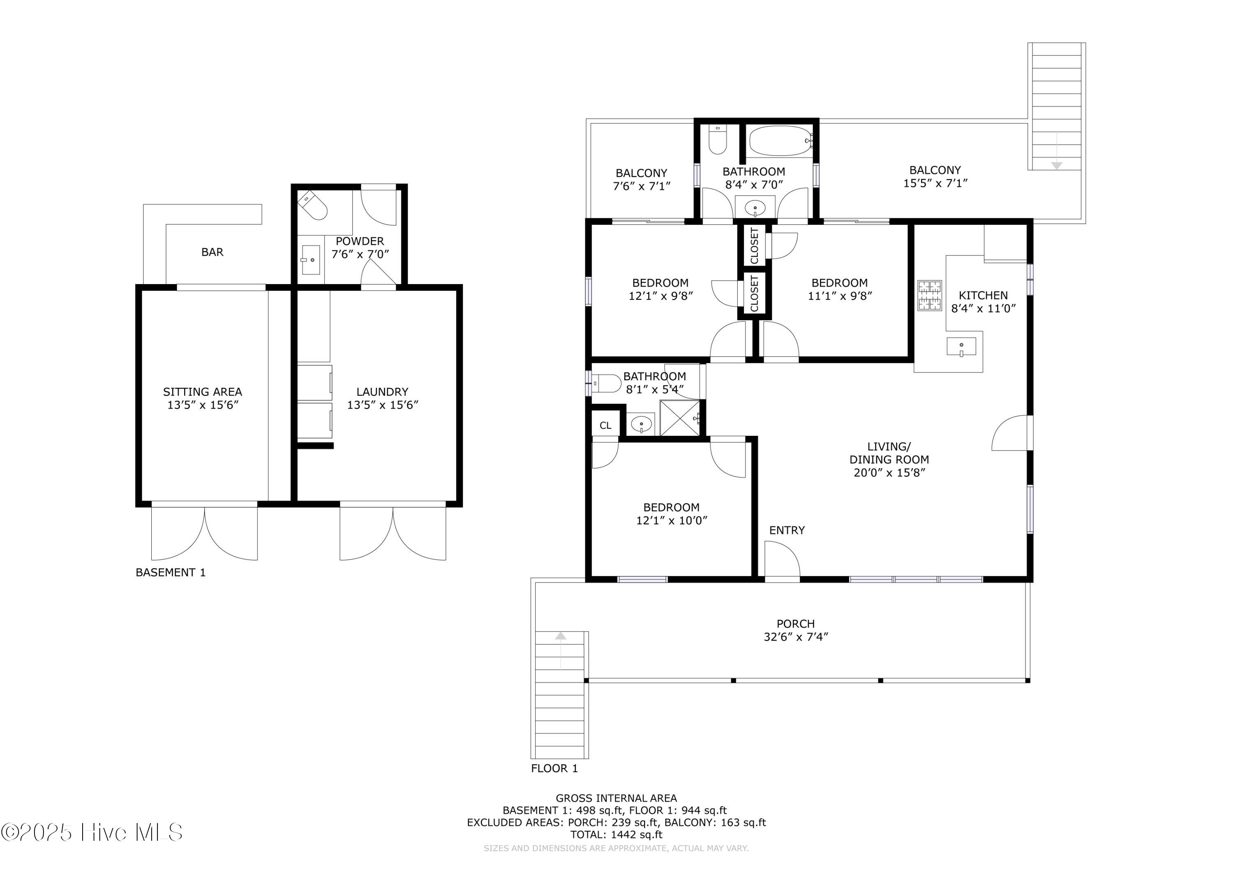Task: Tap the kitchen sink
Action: pos(961,347)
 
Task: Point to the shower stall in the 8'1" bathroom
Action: pos(680,418)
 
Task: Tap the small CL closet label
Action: pos(605,426)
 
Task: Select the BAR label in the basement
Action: pos(212,252)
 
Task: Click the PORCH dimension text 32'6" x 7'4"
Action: pos(796,637)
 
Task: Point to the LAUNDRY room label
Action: pos(382,392)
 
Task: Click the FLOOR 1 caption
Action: pos(554,769)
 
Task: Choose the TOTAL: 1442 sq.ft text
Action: pos(616,835)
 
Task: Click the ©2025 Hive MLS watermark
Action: pos(91,832)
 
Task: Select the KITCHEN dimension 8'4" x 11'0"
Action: pos(983,308)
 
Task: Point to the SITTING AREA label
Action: pos(203,392)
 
